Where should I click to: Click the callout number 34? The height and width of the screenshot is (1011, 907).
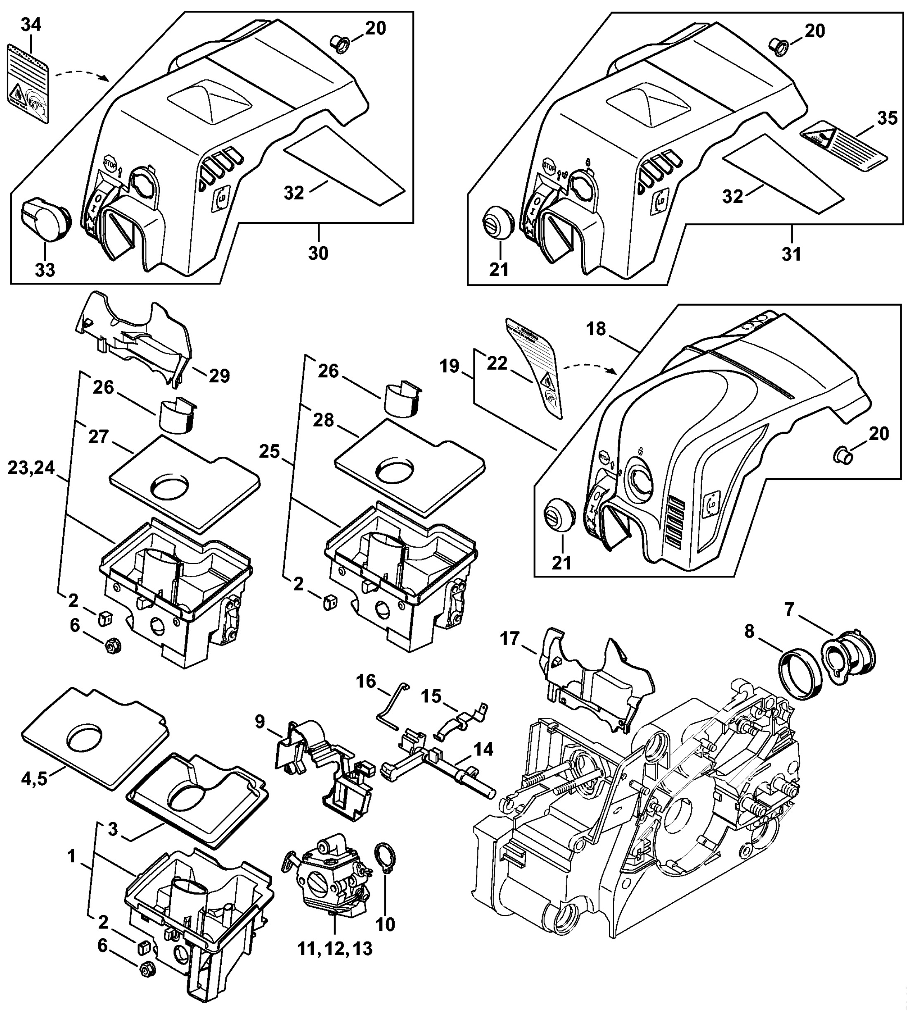click(31, 24)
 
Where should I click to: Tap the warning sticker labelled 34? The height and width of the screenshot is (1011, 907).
click(28, 82)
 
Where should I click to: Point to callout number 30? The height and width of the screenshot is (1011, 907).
click(318, 253)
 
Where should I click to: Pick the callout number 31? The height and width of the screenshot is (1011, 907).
click(791, 254)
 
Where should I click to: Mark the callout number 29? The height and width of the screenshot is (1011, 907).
click(219, 376)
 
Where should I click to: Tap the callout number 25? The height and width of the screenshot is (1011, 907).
click(270, 452)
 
